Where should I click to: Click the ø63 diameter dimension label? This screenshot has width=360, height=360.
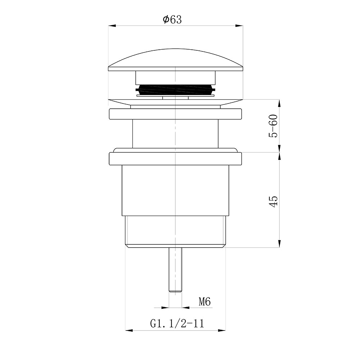point(172,19)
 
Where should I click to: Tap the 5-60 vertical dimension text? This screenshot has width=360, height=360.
point(273,126)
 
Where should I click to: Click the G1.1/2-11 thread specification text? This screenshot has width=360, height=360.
point(177,324)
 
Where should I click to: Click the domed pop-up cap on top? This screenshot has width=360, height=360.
point(176,60)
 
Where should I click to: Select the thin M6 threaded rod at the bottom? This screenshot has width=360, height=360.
point(175,270)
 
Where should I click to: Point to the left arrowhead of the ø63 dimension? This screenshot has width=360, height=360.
point(112,26)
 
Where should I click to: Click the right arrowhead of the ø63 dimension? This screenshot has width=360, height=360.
point(239,26)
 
